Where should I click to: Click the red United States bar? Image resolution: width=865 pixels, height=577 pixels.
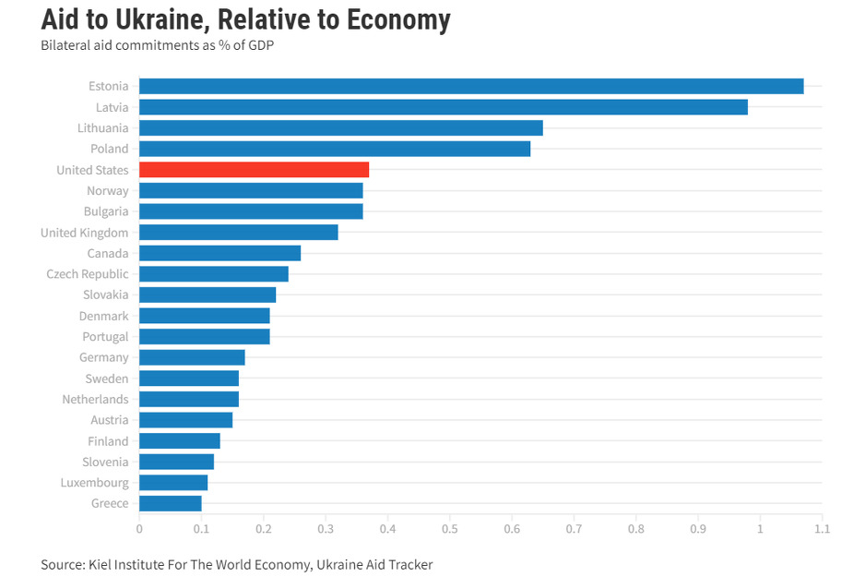254,170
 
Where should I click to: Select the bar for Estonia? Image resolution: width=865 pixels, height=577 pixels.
471,86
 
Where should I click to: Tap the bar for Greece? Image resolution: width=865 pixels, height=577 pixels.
170,503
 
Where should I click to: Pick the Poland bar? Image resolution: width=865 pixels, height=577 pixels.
335,149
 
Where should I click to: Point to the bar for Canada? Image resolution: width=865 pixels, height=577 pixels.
219,253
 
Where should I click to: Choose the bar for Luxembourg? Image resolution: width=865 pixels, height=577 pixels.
173,483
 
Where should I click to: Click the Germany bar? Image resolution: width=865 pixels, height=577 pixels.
192,357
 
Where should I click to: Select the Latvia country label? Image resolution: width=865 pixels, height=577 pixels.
112,107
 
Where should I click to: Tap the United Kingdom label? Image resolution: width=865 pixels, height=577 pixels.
85,233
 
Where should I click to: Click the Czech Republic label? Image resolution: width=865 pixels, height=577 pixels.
88,274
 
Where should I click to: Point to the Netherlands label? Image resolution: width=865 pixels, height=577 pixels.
95,399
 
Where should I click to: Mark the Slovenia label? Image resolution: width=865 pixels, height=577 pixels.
105,462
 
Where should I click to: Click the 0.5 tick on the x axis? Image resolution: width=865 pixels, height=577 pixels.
450,529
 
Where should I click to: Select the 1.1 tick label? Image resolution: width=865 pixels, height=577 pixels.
822,529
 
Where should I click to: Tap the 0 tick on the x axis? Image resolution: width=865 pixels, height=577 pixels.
139,529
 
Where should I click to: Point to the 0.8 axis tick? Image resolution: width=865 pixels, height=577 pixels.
636,529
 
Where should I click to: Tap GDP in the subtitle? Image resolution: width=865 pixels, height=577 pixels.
261,45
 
